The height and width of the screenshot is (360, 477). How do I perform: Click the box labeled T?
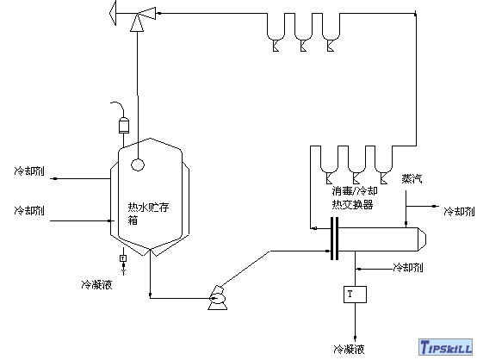click(x=350, y=294)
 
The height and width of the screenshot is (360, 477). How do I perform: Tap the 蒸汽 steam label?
click(x=412, y=179)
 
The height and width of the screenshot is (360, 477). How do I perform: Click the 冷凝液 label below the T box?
click(x=348, y=350)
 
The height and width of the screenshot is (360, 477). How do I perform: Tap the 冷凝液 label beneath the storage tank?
click(x=96, y=282)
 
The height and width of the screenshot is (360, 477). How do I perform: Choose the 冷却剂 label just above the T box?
click(x=407, y=267)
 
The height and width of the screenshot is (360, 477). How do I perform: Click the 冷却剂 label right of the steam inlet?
click(x=457, y=209)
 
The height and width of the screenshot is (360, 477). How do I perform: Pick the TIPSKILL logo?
click(x=442, y=347)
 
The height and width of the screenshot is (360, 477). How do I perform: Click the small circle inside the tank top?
click(x=137, y=161)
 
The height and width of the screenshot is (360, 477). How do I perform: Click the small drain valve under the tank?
click(x=123, y=258)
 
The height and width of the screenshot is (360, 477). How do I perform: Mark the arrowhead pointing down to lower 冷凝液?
click(x=350, y=332)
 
